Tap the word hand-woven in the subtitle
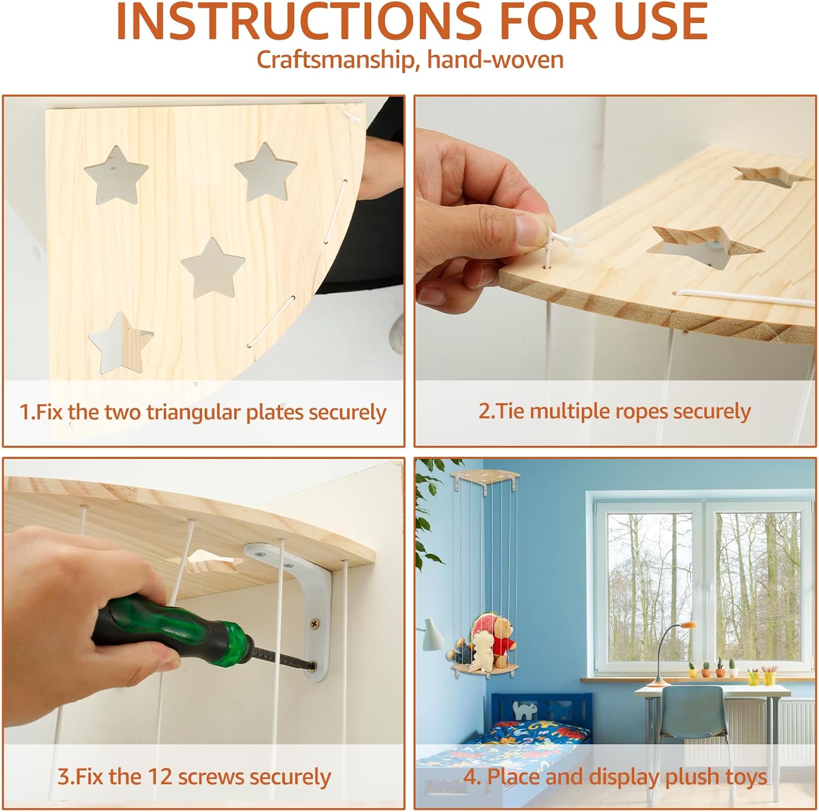[495, 59]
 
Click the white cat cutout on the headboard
[525, 709]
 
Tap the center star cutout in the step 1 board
[212, 267]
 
